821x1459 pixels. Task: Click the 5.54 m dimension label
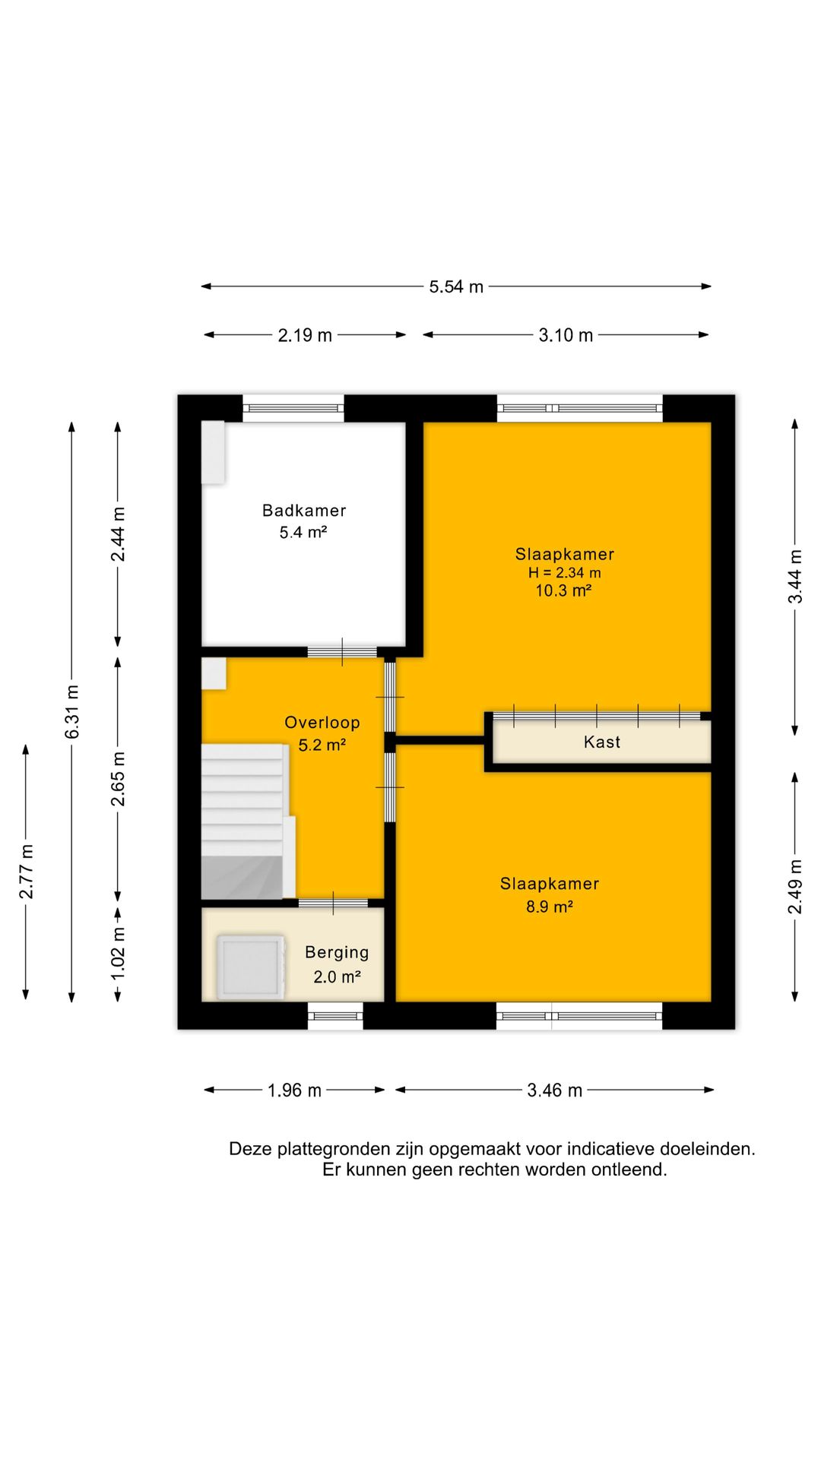pyautogui.click(x=456, y=286)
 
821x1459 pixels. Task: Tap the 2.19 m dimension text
pyautogui.click(x=305, y=335)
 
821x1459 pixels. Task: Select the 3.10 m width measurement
pyautogui.click(x=566, y=335)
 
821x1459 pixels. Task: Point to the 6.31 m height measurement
pyautogui.click(x=72, y=711)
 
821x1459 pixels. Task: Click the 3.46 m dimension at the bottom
pyautogui.click(x=555, y=1090)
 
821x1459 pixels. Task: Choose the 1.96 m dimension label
pyautogui.click(x=294, y=1090)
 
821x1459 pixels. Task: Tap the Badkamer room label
pyautogui.click(x=304, y=511)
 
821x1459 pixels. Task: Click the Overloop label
pyautogui.click(x=322, y=723)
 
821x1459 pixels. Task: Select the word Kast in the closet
pyautogui.click(x=602, y=742)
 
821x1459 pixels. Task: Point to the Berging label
pyautogui.click(x=337, y=953)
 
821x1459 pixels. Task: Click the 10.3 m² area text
pyautogui.click(x=563, y=590)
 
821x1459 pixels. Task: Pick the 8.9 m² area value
pyautogui.click(x=550, y=907)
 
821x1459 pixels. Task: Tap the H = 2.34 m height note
pyautogui.click(x=565, y=573)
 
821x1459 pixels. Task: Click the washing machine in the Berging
pyautogui.click(x=250, y=967)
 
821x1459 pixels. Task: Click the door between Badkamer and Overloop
pyautogui.click(x=342, y=652)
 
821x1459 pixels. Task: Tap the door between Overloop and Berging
pyautogui.click(x=333, y=903)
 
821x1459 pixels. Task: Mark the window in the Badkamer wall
pyautogui.click(x=293, y=408)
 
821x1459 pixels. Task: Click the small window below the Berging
pyautogui.click(x=335, y=1016)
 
